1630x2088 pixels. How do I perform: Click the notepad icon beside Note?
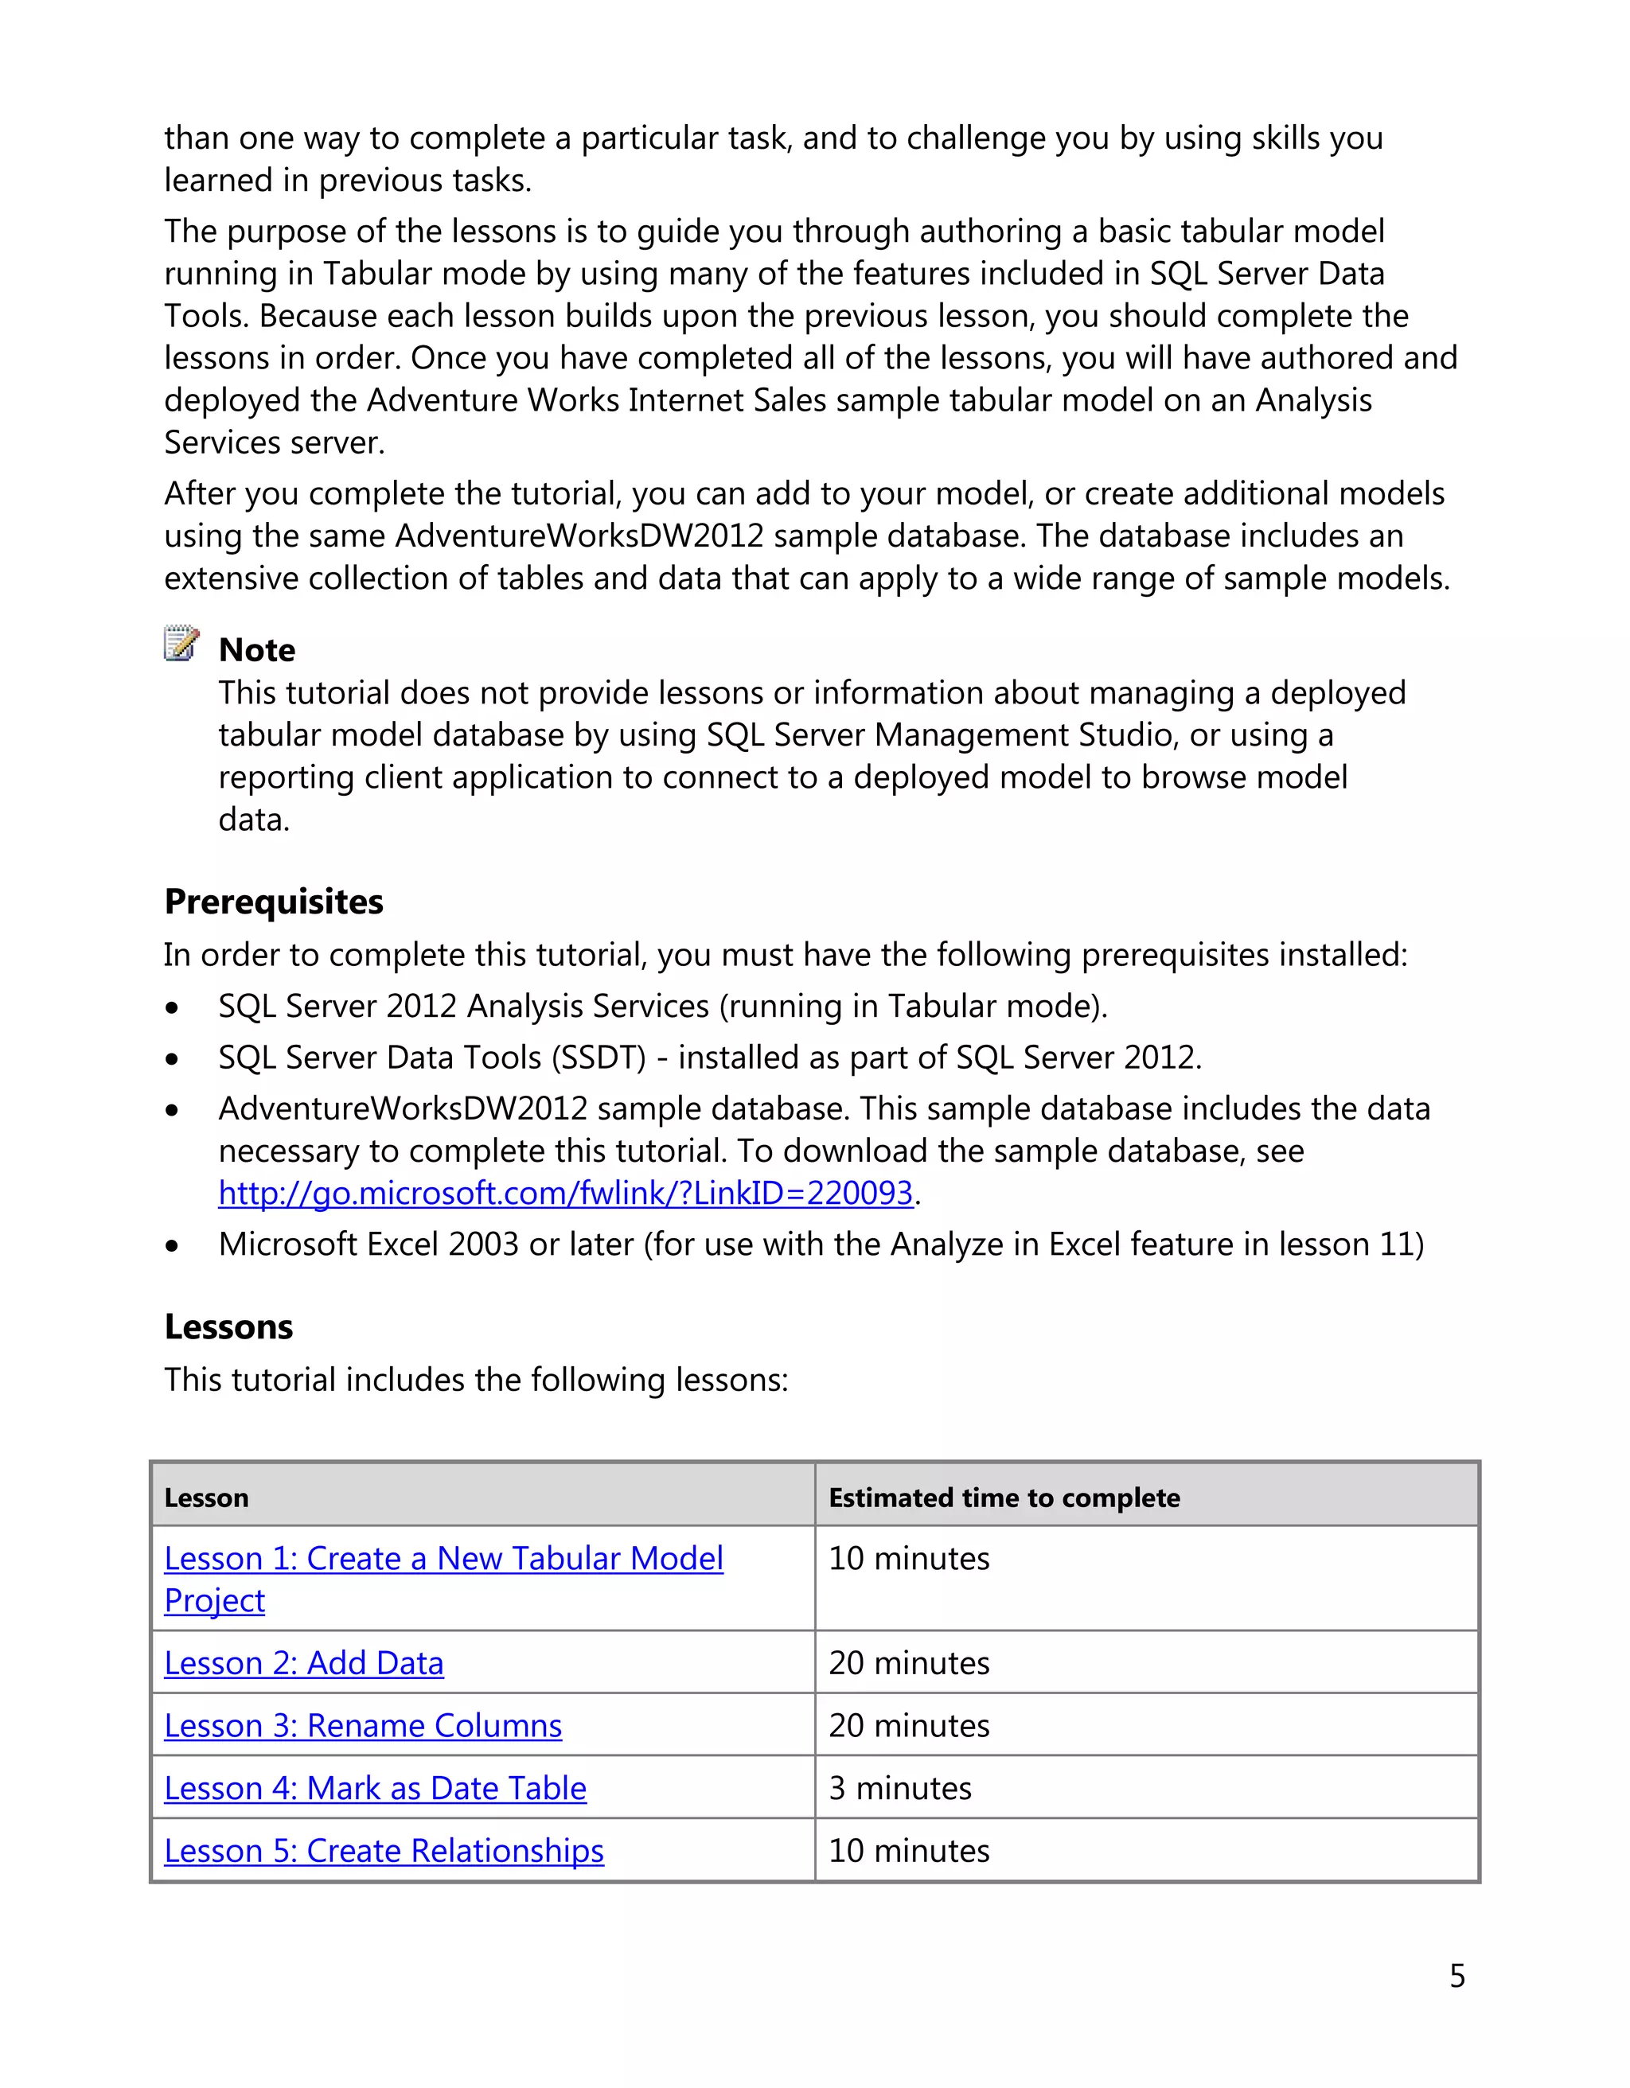coord(181,644)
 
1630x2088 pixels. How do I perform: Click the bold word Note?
coord(256,650)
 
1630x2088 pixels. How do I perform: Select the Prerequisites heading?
coord(274,902)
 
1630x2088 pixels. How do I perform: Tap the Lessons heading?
coord(228,1327)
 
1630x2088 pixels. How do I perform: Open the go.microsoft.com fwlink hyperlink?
coord(565,1193)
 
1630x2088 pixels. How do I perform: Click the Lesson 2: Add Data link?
coord(304,1664)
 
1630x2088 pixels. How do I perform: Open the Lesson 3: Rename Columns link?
coord(362,1726)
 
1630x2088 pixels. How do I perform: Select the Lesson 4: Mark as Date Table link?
coord(375,1789)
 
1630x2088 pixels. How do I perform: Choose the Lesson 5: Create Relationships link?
coord(384,1851)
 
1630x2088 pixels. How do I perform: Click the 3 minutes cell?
coord(899,1789)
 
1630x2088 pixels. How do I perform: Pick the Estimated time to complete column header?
coord(1004,1498)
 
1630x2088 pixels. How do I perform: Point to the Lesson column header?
coord(206,1498)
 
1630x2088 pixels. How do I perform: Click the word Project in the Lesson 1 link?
coord(214,1601)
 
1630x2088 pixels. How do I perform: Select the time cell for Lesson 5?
coord(908,1851)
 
